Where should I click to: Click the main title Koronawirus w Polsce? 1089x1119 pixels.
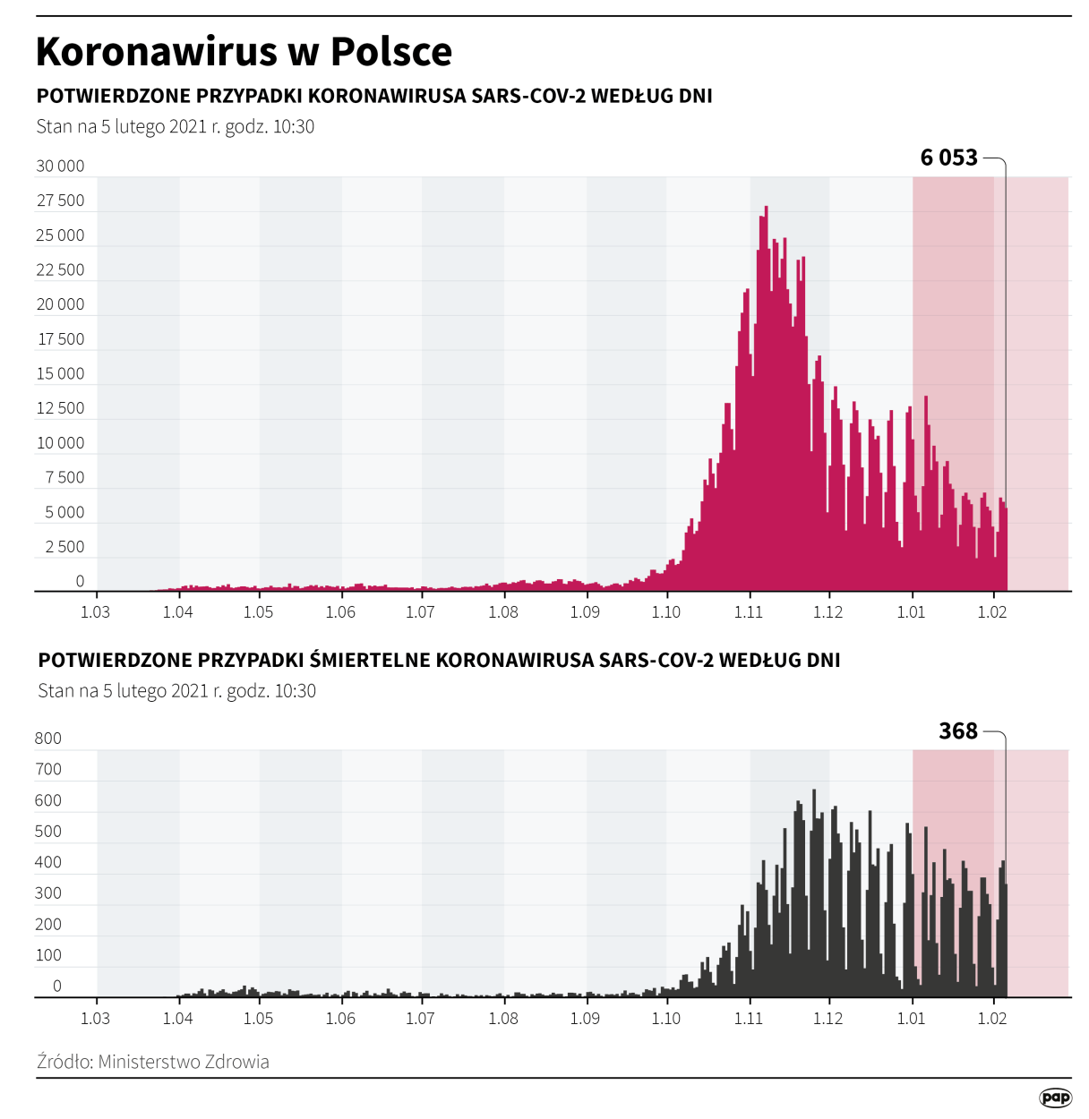click(244, 52)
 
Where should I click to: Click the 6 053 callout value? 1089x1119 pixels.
click(948, 158)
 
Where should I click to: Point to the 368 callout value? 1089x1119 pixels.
click(957, 731)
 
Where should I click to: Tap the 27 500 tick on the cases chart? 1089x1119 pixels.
click(60, 201)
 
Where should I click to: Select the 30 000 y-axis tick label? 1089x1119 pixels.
click(60, 166)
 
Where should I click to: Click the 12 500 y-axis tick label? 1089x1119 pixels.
click(60, 408)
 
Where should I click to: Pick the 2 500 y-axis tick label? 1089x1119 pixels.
click(64, 547)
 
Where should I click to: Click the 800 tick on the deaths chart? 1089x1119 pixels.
click(48, 739)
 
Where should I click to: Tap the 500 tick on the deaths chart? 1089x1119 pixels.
click(48, 832)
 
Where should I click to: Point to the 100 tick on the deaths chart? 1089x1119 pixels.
click(48, 955)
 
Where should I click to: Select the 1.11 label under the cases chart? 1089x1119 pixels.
click(748, 612)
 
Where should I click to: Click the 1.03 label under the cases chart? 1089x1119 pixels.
click(95, 612)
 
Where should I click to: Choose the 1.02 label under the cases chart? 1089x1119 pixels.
click(991, 612)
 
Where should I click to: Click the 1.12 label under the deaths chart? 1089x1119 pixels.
click(827, 1019)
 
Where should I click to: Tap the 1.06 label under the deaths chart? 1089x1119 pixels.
click(340, 1019)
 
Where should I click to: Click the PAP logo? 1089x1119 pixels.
click(1055, 1098)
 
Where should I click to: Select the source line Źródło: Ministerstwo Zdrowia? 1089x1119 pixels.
click(153, 1062)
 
